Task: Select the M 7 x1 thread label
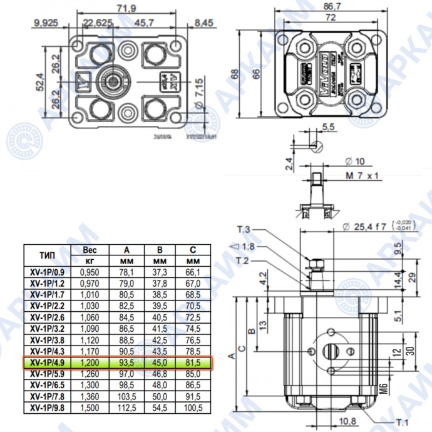click(x=363, y=176)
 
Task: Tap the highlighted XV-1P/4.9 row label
click(x=46, y=363)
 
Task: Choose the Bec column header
click(x=90, y=249)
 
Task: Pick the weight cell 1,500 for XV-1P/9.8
click(x=90, y=408)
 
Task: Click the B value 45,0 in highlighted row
click(x=160, y=363)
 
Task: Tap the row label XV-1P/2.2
click(x=46, y=306)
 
